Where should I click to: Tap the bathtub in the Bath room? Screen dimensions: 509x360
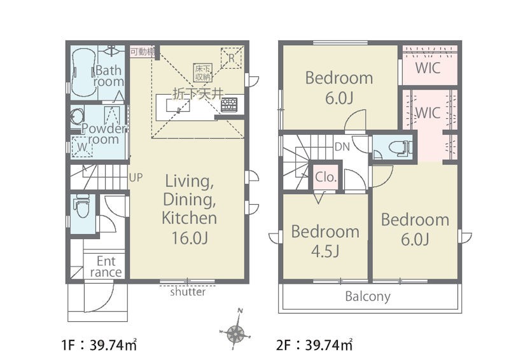[x=83, y=73]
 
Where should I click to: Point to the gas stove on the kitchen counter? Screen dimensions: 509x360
[x=229, y=104]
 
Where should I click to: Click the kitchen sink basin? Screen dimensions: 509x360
[x=178, y=106]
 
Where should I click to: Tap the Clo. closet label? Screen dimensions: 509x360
[x=326, y=177]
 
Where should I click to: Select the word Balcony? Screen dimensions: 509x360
[x=368, y=296]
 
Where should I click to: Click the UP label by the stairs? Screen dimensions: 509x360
[x=136, y=177]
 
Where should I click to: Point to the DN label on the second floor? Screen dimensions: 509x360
[x=342, y=147]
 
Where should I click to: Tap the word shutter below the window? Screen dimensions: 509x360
[x=188, y=291]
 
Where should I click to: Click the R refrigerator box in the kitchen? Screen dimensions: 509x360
[x=232, y=58]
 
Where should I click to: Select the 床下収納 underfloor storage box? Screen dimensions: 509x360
[x=203, y=72]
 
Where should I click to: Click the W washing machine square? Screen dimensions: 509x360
[x=82, y=147]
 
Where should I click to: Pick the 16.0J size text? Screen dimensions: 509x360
[x=190, y=239]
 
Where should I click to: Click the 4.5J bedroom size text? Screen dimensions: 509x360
[x=325, y=251]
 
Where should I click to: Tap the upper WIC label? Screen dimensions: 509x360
[x=428, y=68]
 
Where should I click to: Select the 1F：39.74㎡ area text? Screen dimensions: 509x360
[x=99, y=345]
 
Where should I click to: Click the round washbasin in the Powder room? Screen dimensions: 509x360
[x=77, y=116]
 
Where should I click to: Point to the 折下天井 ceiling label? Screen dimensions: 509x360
[x=198, y=93]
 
